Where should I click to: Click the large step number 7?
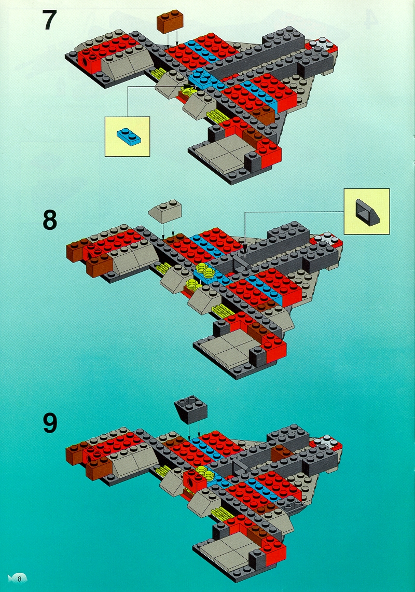click(x=49, y=21)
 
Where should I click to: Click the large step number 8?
click(x=50, y=220)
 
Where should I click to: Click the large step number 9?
click(x=50, y=423)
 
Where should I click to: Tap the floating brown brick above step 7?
click(x=170, y=20)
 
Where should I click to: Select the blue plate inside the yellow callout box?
click(x=129, y=136)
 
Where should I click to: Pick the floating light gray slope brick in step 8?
click(x=164, y=211)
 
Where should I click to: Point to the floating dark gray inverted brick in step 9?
click(x=191, y=409)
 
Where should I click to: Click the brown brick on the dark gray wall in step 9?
click(x=281, y=453)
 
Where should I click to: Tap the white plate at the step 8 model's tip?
click(x=325, y=239)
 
